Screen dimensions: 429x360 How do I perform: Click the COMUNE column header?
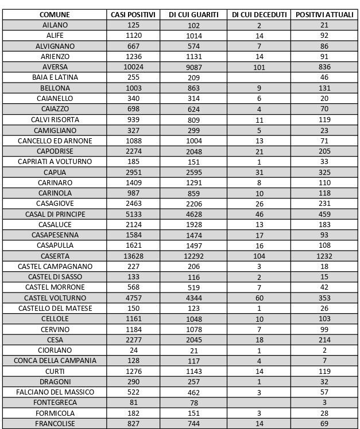click(55, 14)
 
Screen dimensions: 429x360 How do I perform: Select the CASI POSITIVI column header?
click(133, 14)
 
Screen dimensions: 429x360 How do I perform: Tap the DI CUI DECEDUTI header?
click(259, 14)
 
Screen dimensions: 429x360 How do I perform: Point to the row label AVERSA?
click(55, 67)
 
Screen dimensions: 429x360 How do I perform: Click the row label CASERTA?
click(55, 256)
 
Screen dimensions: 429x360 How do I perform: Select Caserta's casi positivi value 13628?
click(133, 256)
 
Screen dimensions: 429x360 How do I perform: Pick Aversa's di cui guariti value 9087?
click(193, 67)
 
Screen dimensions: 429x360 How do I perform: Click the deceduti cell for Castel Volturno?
click(259, 298)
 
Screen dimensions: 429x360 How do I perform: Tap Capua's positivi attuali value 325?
click(324, 172)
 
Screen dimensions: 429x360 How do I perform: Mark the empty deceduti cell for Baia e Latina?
click(259, 77)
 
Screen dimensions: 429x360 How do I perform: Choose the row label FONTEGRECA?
click(55, 403)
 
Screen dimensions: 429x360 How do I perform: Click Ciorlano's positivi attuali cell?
click(324, 350)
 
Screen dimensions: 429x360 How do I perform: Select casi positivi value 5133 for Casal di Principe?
click(133, 214)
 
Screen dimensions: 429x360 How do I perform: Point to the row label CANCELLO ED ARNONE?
click(55, 141)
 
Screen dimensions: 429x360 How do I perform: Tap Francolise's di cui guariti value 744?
click(193, 424)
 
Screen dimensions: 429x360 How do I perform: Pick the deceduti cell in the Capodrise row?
click(259, 151)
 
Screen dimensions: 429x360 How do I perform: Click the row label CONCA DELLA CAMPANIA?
click(55, 361)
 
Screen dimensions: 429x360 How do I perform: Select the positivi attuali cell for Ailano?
click(324, 25)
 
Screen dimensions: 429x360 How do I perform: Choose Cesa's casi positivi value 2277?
click(133, 340)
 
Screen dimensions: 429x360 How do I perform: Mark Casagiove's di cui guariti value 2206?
click(193, 204)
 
